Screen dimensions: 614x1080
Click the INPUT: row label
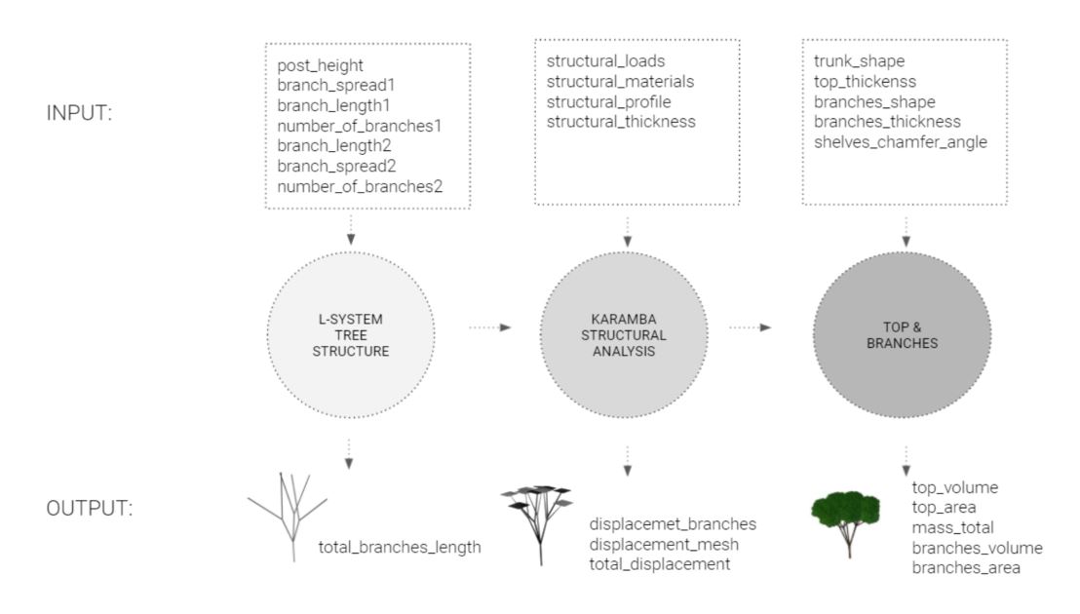click(80, 113)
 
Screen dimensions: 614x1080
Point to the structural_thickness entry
click(621, 121)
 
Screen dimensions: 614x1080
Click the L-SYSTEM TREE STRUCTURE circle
click(349, 328)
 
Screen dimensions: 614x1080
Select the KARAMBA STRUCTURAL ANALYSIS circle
click(626, 328)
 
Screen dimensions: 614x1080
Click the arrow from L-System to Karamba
click(490, 327)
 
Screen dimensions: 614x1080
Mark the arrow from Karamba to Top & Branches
click(751, 327)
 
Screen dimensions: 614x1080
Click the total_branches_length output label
click(400, 548)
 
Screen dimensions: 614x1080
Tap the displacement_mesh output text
click(661, 544)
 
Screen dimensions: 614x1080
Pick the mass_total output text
click(952, 527)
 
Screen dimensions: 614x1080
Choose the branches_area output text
click(966, 567)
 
